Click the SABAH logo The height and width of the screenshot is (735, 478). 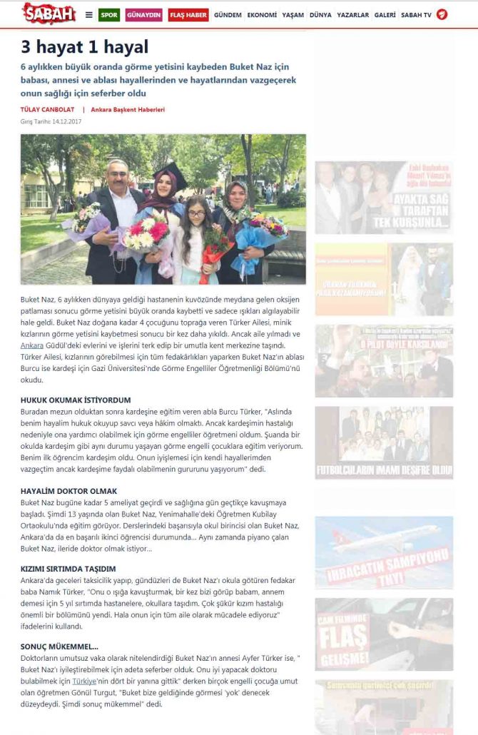click(x=49, y=14)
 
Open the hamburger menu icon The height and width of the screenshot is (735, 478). click(x=88, y=15)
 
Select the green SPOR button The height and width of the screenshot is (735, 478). click(x=109, y=15)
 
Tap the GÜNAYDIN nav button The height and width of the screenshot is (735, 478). click(x=144, y=15)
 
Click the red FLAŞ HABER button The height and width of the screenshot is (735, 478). click(x=188, y=15)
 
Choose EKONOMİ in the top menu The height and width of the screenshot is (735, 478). click(x=262, y=15)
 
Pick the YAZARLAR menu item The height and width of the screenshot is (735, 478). click(x=352, y=15)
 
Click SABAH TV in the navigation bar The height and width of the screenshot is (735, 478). click(x=417, y=15)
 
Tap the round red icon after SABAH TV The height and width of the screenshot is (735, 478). click(x=442, y=14)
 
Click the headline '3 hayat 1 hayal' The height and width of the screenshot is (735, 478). click(x=84, y=47)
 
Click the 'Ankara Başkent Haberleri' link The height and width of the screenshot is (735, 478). click(x=128, y=110)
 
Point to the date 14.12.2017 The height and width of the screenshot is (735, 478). click(x=68, y=121)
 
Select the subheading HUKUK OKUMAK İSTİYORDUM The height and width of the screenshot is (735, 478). click(x=76, y=400)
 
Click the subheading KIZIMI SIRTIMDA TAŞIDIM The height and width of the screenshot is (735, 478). click(x=68, y=569)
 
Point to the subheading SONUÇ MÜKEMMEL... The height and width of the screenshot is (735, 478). click(x=60, y=646)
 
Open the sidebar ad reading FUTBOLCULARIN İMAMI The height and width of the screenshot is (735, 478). click(x=384, y=443)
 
